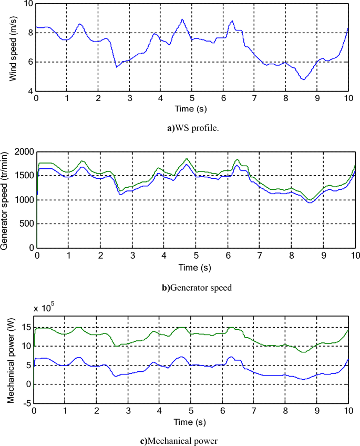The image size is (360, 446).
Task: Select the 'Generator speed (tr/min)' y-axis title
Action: coord(6,199)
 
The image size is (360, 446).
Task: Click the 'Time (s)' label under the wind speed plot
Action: coord(192,108)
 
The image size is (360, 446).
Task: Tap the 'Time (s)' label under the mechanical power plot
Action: coord(190,421)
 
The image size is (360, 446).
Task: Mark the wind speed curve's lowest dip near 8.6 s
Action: coord(303,79)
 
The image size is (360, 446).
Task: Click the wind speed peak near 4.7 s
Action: coord(182,20)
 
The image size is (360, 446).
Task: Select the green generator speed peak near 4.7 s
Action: coord(186,159)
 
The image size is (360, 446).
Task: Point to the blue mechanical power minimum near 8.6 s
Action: coord(304,379)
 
